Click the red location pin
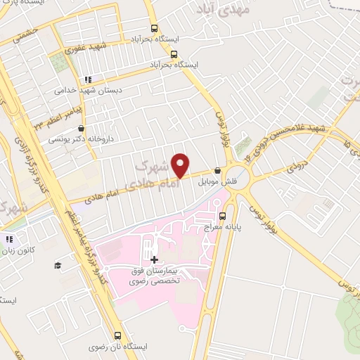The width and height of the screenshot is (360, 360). click(x=181, y=166)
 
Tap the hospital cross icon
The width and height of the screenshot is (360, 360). click(x=155, y=259)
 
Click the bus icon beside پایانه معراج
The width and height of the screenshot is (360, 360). click(x=223, y=215)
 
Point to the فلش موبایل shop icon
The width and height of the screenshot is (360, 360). click(x=217, y=170)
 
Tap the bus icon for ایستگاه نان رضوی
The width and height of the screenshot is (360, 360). click(x=117, y=336)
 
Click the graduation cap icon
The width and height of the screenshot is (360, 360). click(x=57, y=265)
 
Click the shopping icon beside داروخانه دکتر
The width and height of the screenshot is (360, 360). click(x=83, y=129)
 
